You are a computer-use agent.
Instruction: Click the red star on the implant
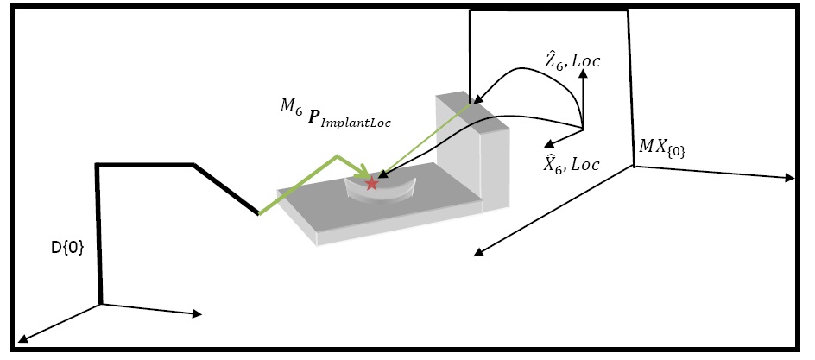click(371, 183)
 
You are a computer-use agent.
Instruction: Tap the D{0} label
click(67, 248)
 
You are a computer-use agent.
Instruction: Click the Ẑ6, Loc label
click(572, 60)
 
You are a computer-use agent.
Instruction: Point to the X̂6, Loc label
click(571, 164)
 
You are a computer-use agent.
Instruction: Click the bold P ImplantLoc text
click(351, 119)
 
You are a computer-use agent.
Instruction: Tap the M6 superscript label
click(291, 107)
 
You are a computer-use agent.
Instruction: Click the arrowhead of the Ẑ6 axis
click(583, 73)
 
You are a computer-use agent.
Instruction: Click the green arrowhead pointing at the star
click(363, 172)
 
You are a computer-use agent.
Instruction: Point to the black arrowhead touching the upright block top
click(477, 99)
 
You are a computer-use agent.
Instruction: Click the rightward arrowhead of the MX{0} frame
click(790, 178)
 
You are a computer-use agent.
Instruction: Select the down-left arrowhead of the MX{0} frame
click(478, 252)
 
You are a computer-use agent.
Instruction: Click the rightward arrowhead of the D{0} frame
click(197, 313)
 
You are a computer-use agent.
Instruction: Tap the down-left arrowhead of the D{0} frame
click(22, 339)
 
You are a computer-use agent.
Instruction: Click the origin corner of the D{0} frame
click(100, 304)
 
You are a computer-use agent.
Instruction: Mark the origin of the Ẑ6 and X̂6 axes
click(583, 129)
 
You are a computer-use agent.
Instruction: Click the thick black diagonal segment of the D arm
click(226, 189)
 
